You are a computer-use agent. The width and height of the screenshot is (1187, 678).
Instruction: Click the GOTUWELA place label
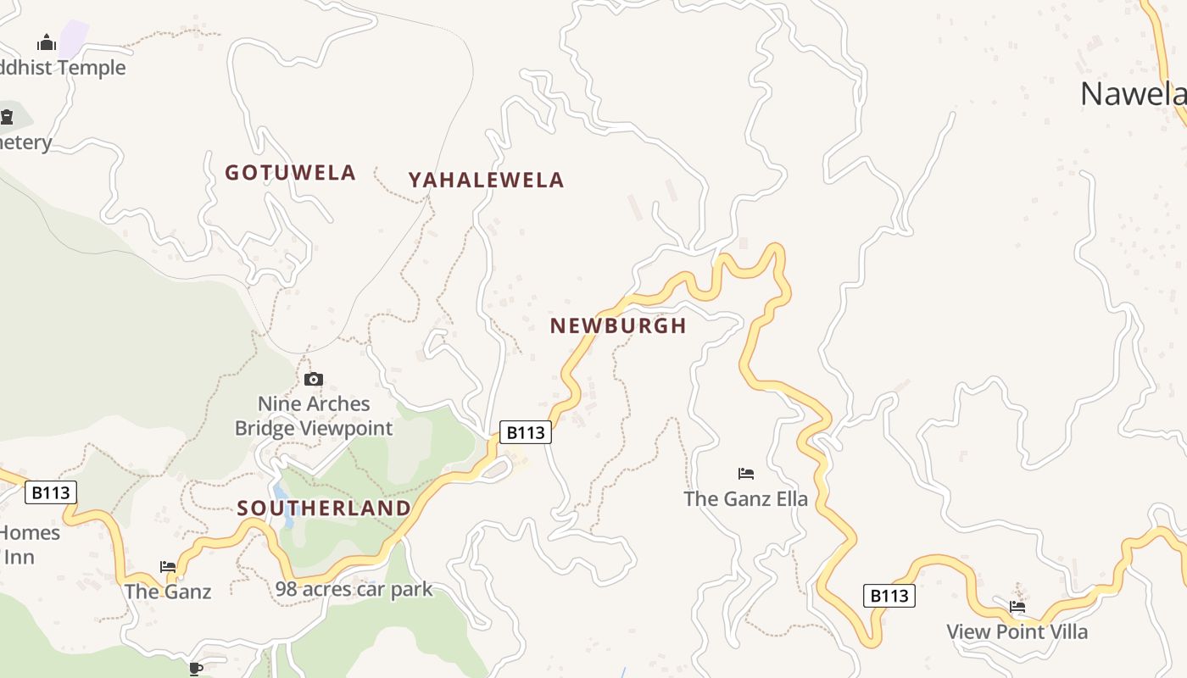pyautogui.click(x=290, y=173)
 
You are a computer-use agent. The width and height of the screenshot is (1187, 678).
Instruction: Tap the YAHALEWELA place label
pyautogui.click(x=486, y=180)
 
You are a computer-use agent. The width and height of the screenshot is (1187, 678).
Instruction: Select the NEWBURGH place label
pyautogui.click(x=618, y=325)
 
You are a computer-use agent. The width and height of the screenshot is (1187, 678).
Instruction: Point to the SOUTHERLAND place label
pyautogui.click(x=324, y=508)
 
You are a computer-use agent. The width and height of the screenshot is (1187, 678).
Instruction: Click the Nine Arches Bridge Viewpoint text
pyautogui.click(x=314, y=416)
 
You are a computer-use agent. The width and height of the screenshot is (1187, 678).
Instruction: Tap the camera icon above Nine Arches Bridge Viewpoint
pyautogui.click(x=314, y=379)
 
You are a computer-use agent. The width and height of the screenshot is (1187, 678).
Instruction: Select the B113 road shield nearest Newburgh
pyautogui.click(x=525, y=432)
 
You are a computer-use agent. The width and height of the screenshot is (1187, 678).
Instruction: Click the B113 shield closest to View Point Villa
pyautogui.click(x=889, y=596)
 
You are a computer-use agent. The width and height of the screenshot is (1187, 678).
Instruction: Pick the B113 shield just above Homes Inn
pyautogui.click(x=51, y=492)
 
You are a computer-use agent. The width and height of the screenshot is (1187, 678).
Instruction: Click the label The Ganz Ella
pyautogui.click(x=746, y=498)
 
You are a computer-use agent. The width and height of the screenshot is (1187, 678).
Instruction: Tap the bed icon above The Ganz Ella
pyautogui.click(x=746, y=473)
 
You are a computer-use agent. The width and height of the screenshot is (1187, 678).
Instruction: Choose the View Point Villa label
pyautogui.click(x=1017, y=631)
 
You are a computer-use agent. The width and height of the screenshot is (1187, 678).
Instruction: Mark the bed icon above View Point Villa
pyautogui.click(x=1017, y=606)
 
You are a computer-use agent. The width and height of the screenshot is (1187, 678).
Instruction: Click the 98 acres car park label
pyautogui.click(x=354, y=589)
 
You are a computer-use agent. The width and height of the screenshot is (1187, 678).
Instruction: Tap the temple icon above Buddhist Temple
pyautogui.click(x=47, y=42)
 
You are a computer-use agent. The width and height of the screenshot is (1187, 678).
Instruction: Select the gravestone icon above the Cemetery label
pyautogui.click(x=7, y=116)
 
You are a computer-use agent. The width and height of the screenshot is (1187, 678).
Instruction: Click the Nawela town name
pyautogui.click(x=1132, y=93)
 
